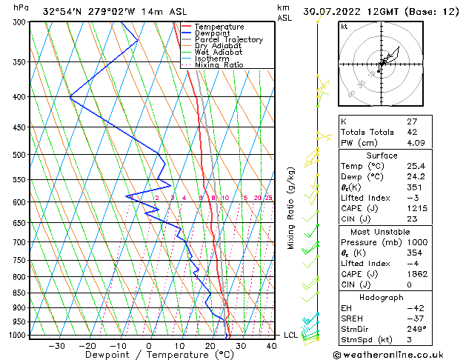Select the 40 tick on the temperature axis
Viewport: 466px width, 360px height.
[x=272, y=345]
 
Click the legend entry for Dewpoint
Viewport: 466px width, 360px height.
[x=214, y=33]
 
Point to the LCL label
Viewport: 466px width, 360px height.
[x=291, y=335]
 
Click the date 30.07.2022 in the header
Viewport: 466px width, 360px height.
[x=342, y=11]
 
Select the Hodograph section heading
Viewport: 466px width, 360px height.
[x=382, y=297]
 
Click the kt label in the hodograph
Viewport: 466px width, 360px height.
[x=344, y=26]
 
